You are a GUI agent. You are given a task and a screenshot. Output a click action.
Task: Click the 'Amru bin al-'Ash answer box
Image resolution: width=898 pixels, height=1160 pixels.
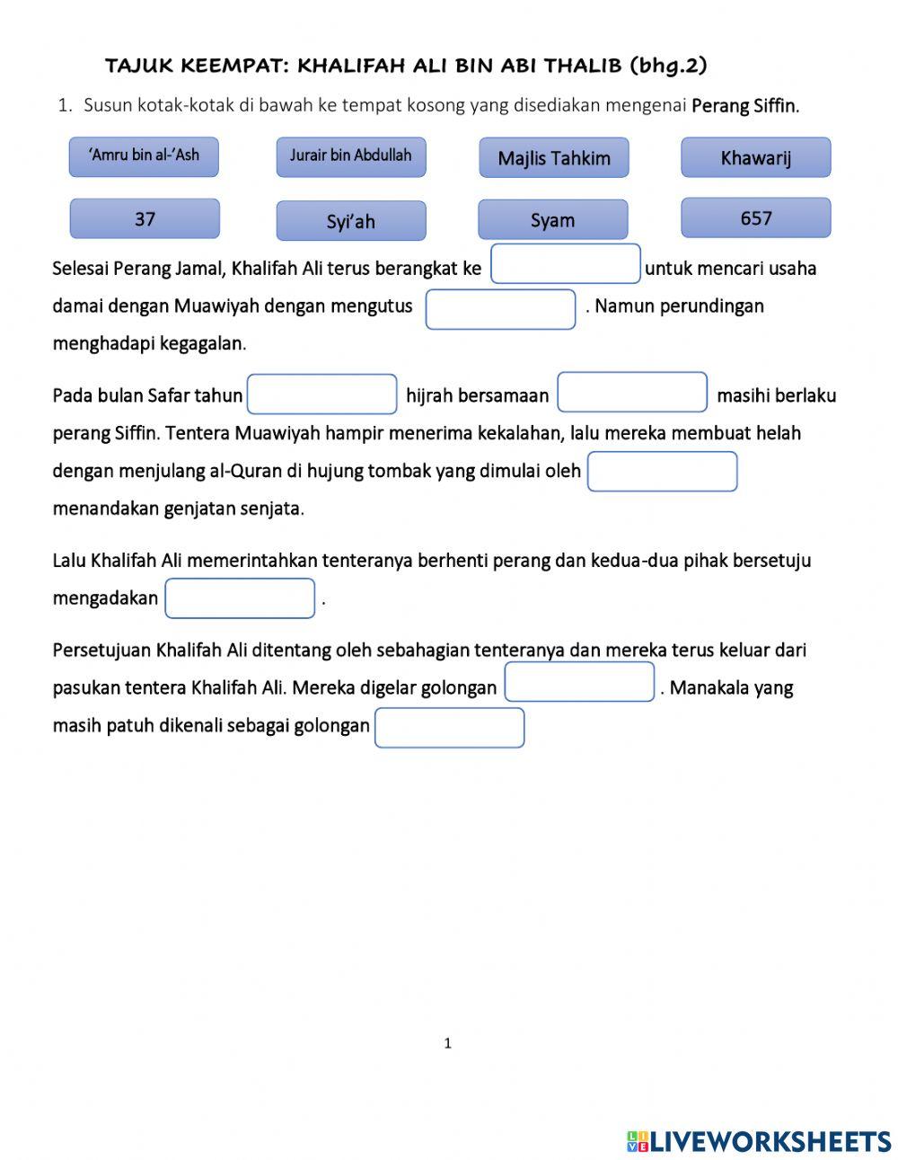(144, 156)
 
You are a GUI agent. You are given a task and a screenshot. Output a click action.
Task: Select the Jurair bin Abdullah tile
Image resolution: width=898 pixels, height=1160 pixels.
(350, 156)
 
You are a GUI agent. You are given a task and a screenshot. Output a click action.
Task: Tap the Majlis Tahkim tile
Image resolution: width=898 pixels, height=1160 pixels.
(553, 158)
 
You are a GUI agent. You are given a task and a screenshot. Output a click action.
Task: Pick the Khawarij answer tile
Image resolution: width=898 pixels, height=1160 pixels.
(755, 158)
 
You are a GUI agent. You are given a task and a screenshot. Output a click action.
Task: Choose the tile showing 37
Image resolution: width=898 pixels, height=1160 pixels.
(145, 218)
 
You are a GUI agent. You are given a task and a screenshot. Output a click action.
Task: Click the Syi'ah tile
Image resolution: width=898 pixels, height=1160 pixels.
(350, 221)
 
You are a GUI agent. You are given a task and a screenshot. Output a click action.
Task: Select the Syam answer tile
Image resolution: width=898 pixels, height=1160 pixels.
(552, 220)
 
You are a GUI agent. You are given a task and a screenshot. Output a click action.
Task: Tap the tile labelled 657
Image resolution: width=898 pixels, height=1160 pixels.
(755, 218)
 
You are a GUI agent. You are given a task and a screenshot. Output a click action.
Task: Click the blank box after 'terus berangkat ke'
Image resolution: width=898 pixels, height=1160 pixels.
(565, 264)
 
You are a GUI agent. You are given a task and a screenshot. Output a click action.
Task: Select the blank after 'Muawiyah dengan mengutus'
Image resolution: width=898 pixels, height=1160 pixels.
(500, 309)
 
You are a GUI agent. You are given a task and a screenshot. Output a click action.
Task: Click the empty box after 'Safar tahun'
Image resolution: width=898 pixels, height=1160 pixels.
(321, 394)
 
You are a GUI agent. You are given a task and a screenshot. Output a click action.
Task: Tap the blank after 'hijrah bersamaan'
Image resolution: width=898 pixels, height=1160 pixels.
(632, 393)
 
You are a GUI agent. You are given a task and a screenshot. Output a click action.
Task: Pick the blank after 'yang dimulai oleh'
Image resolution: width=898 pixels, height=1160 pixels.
(662, 472)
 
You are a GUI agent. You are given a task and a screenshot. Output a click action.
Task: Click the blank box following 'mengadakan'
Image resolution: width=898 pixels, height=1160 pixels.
(240, 598)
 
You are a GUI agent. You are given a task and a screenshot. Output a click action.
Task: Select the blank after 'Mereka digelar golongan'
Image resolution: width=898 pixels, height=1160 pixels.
(579, 682)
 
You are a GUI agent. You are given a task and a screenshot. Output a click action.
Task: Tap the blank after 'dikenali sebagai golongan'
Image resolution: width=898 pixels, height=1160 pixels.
(449, 728)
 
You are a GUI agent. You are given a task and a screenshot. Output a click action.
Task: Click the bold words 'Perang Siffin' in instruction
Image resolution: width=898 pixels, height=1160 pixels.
(744, 106)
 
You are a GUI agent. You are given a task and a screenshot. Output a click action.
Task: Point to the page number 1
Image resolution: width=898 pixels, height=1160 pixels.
(448, 1043)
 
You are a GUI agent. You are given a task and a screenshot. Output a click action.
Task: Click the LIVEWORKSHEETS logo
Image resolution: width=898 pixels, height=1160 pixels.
(759, 1141)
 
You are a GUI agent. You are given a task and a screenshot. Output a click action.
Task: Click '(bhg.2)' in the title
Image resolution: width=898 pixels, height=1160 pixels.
(668, 66)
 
